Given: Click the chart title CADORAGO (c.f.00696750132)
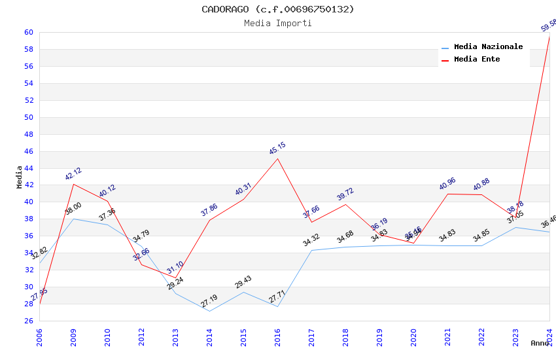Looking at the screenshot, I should click(277, 9).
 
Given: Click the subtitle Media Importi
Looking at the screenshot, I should click(277, 23).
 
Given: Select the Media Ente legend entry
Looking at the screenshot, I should click(477, 59).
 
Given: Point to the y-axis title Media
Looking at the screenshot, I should click(20, 177).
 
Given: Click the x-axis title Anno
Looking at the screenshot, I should click(540, 343).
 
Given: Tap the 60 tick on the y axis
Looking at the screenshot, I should click(29, 32).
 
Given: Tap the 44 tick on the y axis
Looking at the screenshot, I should click(29, 168).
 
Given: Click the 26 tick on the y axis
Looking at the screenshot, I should click(29, 321).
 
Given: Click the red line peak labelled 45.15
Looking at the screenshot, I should click(277, 158).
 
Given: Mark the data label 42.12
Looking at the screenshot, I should click(73, 173).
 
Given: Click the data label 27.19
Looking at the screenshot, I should click(209, 301).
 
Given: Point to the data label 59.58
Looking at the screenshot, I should click(548, 26).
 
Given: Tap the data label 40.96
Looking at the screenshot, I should click(447, 184).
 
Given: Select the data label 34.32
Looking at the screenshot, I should click(311, 240).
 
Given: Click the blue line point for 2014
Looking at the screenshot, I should click(209, 311).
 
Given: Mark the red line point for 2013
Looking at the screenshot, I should click(175, 278).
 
